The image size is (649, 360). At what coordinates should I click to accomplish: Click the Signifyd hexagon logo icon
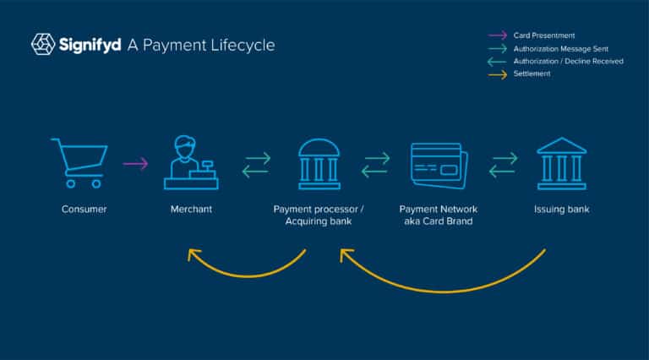43,44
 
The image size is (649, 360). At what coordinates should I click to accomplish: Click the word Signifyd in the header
90,45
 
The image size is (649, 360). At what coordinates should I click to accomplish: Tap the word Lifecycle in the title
243,45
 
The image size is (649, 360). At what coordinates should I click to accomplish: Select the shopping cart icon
79,163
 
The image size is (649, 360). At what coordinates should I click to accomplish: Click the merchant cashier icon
191,162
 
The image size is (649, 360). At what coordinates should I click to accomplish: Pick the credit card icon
439,166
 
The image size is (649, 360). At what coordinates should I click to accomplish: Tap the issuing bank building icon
561,163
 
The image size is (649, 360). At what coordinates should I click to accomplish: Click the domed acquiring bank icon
319,164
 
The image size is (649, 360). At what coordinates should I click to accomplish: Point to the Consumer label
84,210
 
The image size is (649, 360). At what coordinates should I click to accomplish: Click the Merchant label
191,210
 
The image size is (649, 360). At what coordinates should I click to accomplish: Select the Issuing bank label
561,210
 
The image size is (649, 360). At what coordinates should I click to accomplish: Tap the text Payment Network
439,210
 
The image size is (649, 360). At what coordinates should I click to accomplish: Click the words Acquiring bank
319,221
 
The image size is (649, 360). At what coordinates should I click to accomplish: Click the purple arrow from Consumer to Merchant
135,164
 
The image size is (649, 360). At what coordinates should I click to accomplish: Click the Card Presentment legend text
544,35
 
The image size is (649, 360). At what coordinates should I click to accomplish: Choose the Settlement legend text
532,74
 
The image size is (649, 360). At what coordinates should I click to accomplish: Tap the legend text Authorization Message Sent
561,49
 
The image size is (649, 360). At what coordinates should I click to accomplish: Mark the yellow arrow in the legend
498,75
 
